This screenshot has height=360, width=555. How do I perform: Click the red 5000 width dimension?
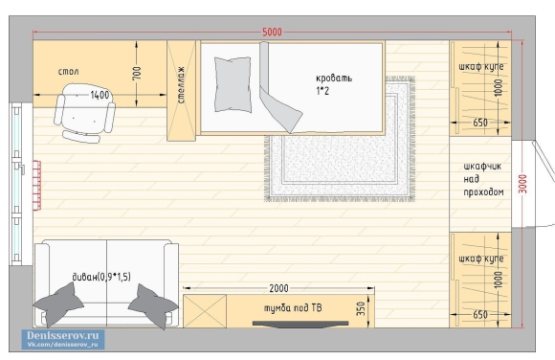(x=272, y=32)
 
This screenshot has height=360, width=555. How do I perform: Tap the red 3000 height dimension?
(x=522, y=184)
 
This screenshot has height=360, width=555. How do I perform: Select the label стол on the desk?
(x=68, y=72)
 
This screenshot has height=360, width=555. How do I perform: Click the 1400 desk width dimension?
(x=100, y=95)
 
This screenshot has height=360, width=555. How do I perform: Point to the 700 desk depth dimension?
(x=137, y=73)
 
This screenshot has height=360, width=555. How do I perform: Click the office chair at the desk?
(x=84, y=113)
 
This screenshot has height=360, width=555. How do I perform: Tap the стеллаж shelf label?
(x=181, y=84)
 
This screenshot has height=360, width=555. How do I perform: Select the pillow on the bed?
(x=233, y=84)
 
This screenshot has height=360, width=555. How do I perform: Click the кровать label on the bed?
(x=334, y=78)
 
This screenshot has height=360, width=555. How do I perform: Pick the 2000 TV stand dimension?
(x=278, y=288)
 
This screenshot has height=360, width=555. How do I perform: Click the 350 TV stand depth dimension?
(x=361, y=309)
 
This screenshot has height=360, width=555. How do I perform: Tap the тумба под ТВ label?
(x=293, y=308)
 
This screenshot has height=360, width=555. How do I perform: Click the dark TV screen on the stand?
(x=300, y=324)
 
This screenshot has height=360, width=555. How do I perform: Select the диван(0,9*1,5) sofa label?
(x=101, y=277)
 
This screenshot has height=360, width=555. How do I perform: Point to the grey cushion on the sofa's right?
(x=153, y=305)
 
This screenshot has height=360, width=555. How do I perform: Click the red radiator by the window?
(x=36, y=186)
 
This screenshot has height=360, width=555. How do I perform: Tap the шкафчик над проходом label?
(x=483, y=179)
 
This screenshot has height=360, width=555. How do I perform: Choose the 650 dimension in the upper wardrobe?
(x=480, y=123)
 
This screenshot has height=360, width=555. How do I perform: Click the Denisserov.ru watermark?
(x=63, y=339)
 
